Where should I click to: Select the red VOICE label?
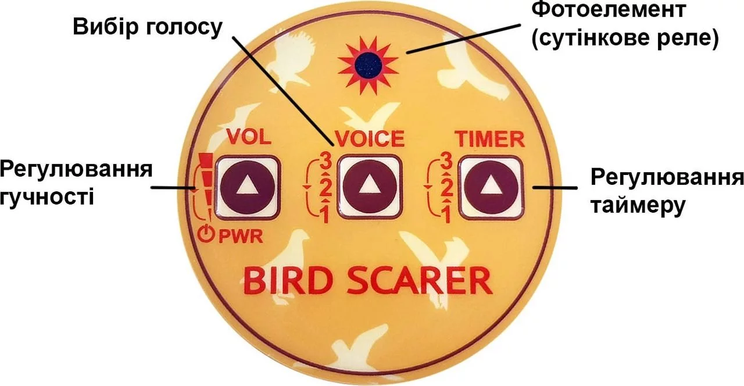[369, 138]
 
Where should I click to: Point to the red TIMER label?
[489, 138]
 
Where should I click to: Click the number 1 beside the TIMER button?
[446, 216]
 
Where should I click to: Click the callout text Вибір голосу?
[147, 27]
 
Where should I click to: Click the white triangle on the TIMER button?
[489, 186]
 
